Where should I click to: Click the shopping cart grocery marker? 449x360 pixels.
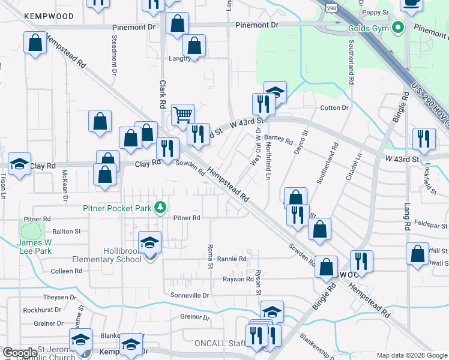[x=182, y=114]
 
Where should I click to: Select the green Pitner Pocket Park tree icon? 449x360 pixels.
[x=160, y=208]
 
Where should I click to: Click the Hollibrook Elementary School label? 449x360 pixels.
[x=106, y=255]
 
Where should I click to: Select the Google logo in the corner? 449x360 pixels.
[x=19, y=353]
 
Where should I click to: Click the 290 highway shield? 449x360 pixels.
[x=332, y=7]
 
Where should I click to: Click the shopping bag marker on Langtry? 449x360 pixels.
[x=194, y=46]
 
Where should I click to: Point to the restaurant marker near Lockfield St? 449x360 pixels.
[x=424, y=139]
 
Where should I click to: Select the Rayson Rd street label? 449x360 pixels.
[x=238, y=280]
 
